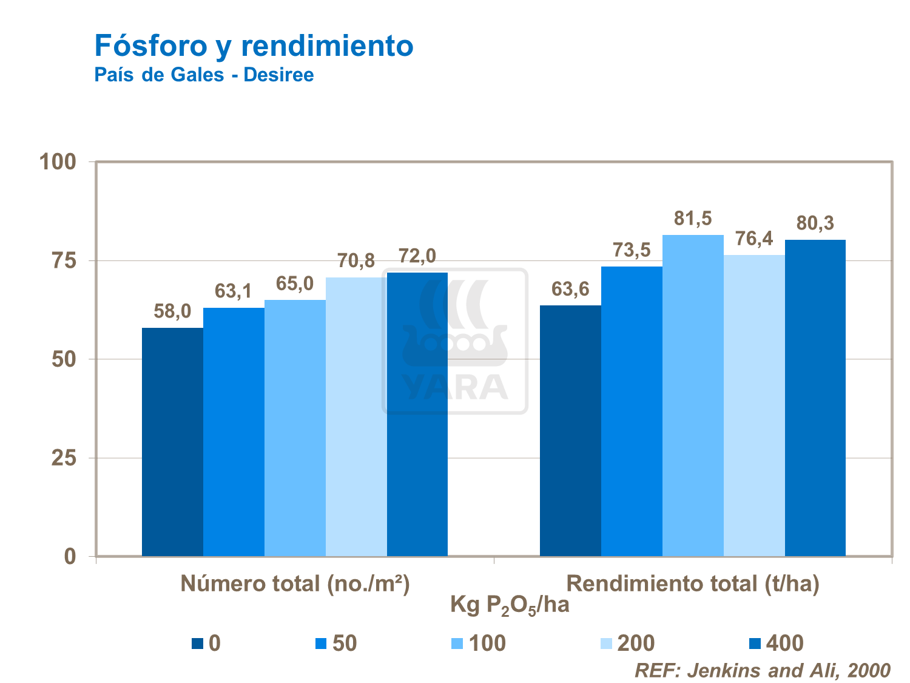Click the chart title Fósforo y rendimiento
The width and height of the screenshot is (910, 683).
[x=254, y=46]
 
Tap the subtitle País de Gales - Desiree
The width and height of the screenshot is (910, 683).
[x=204, y=75]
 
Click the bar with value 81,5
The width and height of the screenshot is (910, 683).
[x=693, y=395]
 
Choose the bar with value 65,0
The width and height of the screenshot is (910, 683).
[x=295, y=427]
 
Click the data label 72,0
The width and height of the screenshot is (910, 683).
[x=417, y=256]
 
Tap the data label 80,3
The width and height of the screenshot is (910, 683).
[x=815, y=223]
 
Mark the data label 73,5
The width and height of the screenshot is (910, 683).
[x=632, y=250]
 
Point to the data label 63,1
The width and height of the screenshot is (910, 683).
[x=234, y=291]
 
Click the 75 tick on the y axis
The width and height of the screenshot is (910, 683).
[x=64, y=261]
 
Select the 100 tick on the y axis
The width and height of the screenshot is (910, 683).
[x=58, y=162]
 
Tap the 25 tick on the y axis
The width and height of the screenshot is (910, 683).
[x=64, y=458]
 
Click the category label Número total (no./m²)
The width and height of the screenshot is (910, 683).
[x=295, y=584]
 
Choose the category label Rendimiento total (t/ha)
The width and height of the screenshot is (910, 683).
[x=693, y=584]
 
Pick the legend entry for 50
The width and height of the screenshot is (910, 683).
[x=337, y=644]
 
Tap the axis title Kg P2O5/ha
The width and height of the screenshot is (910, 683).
[x=510, y=605]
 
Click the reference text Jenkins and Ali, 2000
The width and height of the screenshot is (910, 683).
[x=763, y=670]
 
